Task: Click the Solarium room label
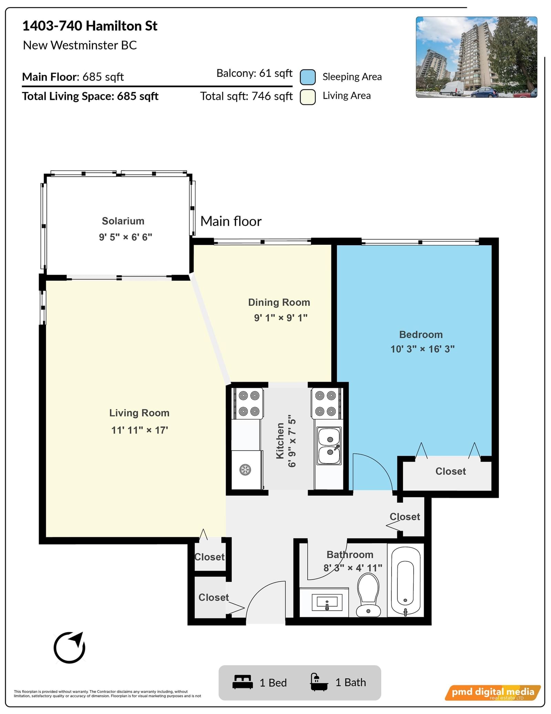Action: pos(123,221)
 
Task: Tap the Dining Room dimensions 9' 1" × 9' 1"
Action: pos(281,318)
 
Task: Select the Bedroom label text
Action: pos(421,334)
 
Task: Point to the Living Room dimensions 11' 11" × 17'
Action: pos(139,430)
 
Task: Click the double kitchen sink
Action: pos(330,445)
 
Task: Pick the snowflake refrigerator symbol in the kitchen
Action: pos(245,470)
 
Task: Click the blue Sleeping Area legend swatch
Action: pos(308,77)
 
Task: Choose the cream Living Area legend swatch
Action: pos(308,97)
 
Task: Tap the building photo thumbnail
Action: pos(476,57)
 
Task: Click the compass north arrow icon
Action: pos(70,647)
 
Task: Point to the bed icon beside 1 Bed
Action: pos(242,682)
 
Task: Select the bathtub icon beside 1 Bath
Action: pos(319,682)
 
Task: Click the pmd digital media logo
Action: pos(493,692)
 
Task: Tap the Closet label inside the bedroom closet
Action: pos(450,471)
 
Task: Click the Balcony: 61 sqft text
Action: pos(254,73)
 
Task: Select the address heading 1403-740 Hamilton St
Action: pos(90,26)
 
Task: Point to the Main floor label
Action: pos(231,221)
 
